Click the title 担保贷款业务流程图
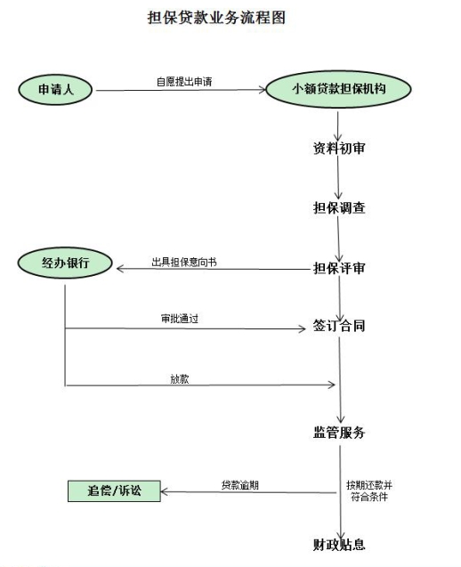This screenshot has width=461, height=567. click(x=216, y=18)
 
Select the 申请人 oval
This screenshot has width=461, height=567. click(x=55, y=90)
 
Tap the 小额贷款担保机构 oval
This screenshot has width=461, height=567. click(x=338, y=89)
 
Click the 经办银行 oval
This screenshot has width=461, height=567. click(x=65, y=263)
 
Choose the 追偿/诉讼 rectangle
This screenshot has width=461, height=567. click(x=114, y=491)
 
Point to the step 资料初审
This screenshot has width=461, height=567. click(x=339, y=149)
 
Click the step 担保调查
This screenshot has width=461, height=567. click(x=339, y=208)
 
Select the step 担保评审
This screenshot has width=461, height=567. click(x=339, y=268)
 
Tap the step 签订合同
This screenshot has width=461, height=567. click(x=339, y=326)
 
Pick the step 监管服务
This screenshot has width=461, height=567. click(x=339, y=433)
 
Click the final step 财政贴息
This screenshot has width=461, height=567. click(x=339, y=545)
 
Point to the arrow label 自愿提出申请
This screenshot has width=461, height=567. click(x=184, y=82)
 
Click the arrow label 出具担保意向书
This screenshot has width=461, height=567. click(x=184, y=262)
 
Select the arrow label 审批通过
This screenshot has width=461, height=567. click(x=180, y=319)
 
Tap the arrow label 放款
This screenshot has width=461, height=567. click(x=180, y=379)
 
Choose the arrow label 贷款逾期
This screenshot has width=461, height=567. click(x=240, y=485)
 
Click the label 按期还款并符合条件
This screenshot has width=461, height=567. click(x=369, y=490)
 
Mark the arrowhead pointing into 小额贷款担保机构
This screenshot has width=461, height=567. click(x=263, y=90)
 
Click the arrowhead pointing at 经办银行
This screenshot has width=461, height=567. click(x=120, y=269)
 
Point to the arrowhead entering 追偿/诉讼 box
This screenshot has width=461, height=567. click(x=165, y=491)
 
